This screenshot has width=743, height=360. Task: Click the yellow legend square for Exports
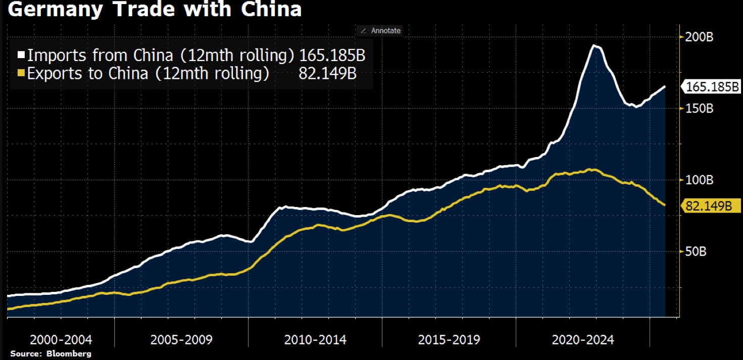tap(21, 74)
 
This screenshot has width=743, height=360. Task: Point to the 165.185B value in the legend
tap(332, 55)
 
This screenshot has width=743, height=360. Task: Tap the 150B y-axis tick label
tap(698, 109)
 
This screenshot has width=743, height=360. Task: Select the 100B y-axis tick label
tap(698, 180)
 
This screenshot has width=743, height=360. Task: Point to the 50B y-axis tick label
tap(695, 251)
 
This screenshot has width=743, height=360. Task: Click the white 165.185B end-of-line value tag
tap(712, 87)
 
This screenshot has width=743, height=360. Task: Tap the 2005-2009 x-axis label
tap(181, 339)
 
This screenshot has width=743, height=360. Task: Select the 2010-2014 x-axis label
tap(315, 339)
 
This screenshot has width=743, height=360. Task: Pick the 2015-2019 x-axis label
tap(449, 339)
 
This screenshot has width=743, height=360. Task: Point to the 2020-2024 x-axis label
tap(583, 339)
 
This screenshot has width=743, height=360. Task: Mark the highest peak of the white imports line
tap(595, 46)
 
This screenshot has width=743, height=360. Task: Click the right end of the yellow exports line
tap(665, 204)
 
